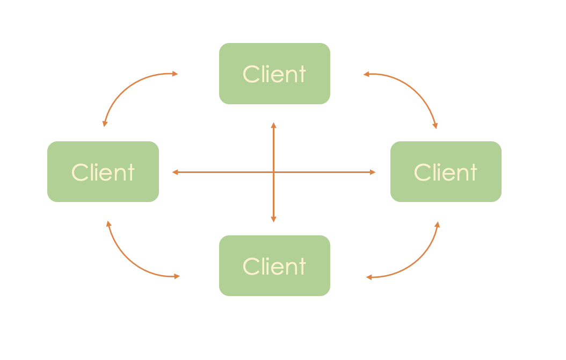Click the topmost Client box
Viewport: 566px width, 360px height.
pyautogui.click(x=274, y=74)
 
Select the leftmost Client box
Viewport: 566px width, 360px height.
pyautogui.click(x=103, y=172)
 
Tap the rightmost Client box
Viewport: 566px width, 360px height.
pyautogui.click(x=446, y=172)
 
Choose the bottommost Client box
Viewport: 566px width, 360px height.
pyautogui.click(x=274, y=265)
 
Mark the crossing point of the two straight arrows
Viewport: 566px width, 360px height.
pyautogui.click(x=273, y=172)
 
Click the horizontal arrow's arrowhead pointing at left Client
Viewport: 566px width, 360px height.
pyautogui.click(x=175, y=172)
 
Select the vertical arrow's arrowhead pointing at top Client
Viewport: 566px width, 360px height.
pyautogui.click(x=273, y=125)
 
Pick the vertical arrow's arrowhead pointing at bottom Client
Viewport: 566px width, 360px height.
pyautogui.click(x=273, y=219)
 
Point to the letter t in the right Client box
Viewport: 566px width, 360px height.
pyautogui.click(x=473, y=172)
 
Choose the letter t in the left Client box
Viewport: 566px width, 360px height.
pyautogui.click(x=130, y=172)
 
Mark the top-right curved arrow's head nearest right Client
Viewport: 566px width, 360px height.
pyautogui.click(x=436, y=126)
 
